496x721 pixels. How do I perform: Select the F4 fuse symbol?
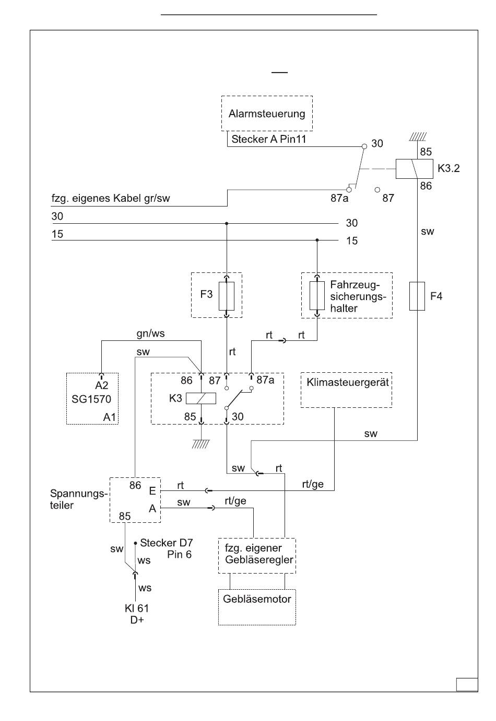coord(417,296)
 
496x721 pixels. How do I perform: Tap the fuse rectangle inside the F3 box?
coord(226,296)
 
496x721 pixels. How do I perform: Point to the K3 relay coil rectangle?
coord(201,398)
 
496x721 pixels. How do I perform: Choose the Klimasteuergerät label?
coord(348,382)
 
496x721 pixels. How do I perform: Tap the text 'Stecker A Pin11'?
coord(269,140)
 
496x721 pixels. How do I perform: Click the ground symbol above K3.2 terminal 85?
coord(418,137)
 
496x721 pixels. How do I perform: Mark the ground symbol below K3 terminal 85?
coord(201,444)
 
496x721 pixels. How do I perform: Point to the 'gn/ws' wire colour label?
coord(150,334)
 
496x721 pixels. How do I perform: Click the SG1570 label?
coord(91,399)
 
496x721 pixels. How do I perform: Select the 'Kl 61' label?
coord(137,609)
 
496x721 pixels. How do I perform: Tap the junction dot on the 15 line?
coord(317,240)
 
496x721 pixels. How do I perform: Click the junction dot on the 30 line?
coord(227,223)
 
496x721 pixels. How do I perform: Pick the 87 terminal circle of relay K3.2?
coord(377,190)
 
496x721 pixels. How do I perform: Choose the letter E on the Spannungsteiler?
coord(152,491)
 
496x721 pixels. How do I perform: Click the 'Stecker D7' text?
coord(166,543)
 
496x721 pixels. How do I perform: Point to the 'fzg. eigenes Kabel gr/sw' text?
coord(111,198)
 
